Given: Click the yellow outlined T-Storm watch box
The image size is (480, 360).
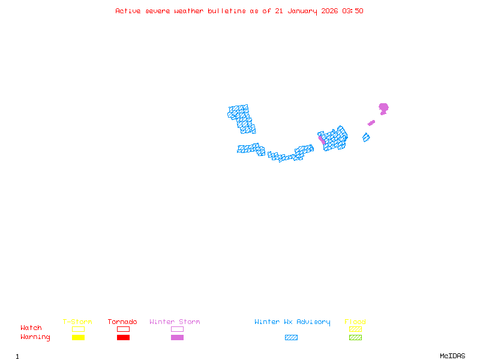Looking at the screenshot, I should pyautogui.click(x=78, y=329).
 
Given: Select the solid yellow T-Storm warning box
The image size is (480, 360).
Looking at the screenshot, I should pyautogui.click(x=78, y=338).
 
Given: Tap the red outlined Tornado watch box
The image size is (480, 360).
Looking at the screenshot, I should pyautogui.click(x=123, y=329).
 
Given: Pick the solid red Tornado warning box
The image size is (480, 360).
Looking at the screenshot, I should pyautogui.click(x=123, y=338).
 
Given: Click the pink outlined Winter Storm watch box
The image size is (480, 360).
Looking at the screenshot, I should pyautogui.click(x=177, y=329).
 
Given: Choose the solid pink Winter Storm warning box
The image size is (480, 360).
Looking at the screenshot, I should pyautogui.click(x=177, y=338).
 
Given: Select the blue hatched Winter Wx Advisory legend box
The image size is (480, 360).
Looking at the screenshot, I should pyautogui.click(x=291, y=338).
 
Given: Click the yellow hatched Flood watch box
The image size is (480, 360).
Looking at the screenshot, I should pyautogui.click(x=355, y=329).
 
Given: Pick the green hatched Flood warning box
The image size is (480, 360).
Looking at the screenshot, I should pyautogui.click(x=355, y=338).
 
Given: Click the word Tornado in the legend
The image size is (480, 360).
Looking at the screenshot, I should pyautogui.click(x=122, y=322).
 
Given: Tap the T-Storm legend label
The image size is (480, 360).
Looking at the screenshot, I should pyautogui.click(x=77, y=322).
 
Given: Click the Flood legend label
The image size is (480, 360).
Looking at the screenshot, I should pyautogui.click(x=355, y=322).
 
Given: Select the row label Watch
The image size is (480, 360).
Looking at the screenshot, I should pyautogui.click(x=31, y=328).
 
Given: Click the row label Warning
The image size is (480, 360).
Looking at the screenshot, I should pyautogui.click(x=35, y=337).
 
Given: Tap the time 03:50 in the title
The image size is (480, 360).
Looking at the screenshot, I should pyautogui.click(x=353, y=11).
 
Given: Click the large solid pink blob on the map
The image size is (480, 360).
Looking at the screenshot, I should pyautogui.click(x=383, y=108).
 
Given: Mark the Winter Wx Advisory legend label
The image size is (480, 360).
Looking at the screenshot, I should pyautogui.click(x=292, y=322).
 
